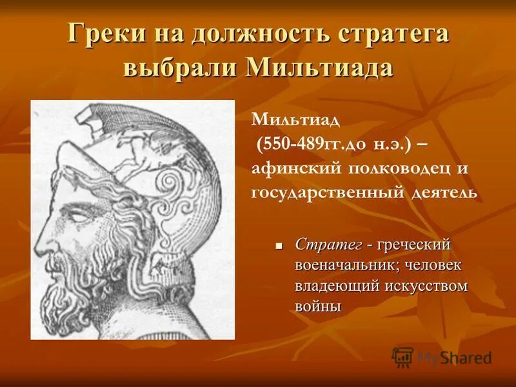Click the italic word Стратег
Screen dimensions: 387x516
327,246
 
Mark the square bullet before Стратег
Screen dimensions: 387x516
280,246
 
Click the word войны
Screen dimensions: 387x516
317,306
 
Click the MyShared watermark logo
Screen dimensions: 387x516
442,357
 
